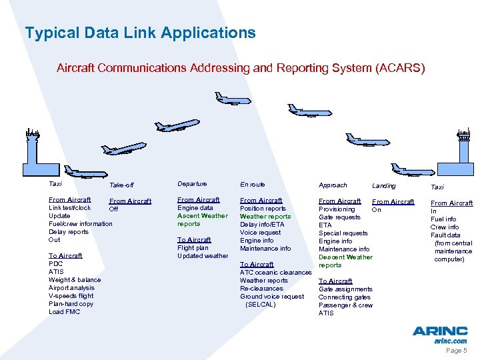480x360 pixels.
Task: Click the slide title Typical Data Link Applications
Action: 140,33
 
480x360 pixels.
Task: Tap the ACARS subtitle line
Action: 240,68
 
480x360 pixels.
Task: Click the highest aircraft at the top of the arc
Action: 233,99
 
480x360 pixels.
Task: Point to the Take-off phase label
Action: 121,185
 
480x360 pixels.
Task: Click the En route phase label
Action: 252,184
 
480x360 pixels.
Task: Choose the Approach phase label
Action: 333,185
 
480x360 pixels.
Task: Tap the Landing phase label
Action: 383,185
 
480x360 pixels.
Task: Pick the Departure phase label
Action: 192,184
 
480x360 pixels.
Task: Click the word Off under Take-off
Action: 113,209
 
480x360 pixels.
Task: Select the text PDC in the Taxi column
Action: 56,264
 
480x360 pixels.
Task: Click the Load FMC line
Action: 65,312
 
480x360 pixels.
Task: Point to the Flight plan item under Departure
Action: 193,248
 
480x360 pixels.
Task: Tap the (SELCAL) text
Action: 260,305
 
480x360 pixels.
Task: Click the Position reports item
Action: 263,209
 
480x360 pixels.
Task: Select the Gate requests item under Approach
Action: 339,217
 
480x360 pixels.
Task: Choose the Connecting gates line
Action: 345,297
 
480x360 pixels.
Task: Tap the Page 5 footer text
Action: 456,351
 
